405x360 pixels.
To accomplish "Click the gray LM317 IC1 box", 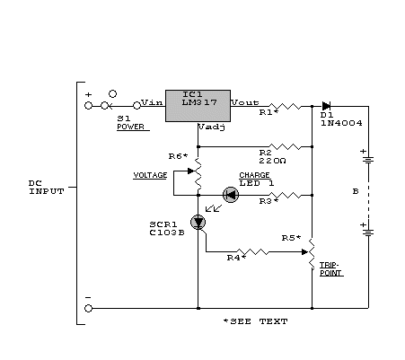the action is [198, 106].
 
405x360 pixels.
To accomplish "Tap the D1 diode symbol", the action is [326, 106].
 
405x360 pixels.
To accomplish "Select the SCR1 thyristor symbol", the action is [198, 223].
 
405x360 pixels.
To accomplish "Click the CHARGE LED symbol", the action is [231, 195].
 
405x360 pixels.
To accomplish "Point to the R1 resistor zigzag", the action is [285, 106].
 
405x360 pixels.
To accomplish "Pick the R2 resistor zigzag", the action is [285, 146].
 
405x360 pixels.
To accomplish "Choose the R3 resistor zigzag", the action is [285, 195].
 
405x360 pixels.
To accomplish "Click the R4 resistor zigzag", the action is [252, 251].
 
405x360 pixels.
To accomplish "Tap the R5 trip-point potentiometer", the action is [311, 253].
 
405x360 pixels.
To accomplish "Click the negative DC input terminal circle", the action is [88, 308].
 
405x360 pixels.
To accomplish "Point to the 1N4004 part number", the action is [341, 123].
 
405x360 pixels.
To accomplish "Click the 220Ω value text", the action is [272, 161].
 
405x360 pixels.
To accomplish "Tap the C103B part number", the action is [167, 233].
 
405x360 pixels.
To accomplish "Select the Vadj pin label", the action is [212, 127].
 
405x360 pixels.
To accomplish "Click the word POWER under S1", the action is [130, 127].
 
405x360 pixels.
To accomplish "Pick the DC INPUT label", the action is [47, 188].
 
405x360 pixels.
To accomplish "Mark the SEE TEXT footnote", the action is [256, 321].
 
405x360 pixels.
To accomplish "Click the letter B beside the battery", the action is [356, 191].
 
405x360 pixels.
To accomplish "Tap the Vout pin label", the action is [245, 102].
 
